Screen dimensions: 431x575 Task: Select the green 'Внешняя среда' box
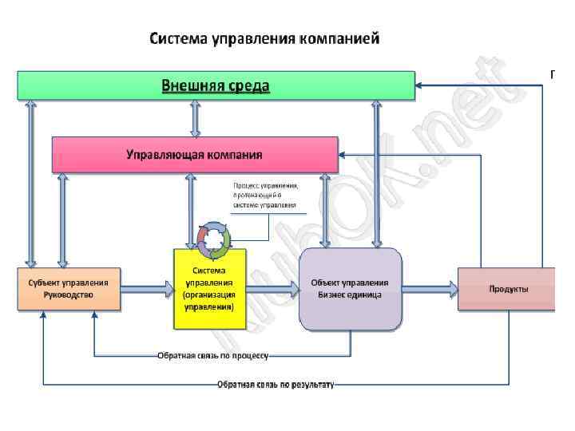pos(216,85)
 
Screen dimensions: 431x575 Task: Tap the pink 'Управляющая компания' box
pos(195,154)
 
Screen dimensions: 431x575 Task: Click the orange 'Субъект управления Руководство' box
pos(69,288)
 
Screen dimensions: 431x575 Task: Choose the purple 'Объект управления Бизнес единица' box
pos(350,288)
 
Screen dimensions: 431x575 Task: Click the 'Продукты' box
pos(508,288)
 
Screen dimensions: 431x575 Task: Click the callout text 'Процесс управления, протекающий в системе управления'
pos(266,195)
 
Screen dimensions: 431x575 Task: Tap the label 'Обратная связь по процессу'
pos(212,354)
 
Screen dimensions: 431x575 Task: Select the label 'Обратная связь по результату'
pos(276,384)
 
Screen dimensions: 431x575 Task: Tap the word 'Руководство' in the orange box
pos(69,295)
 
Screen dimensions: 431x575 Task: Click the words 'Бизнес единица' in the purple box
pos(350,295)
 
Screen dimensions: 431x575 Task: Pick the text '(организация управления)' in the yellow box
pos(209,300)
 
